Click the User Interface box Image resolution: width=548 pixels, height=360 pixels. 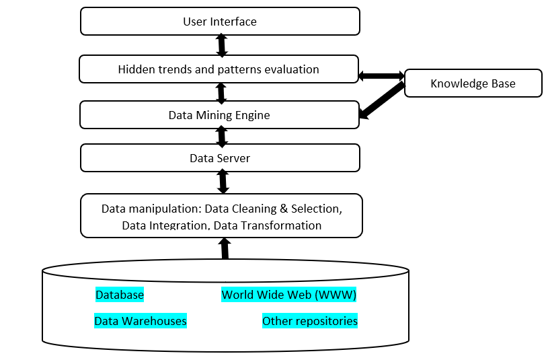tap(220, 22)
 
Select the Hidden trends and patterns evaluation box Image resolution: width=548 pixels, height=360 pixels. tap(219, 69)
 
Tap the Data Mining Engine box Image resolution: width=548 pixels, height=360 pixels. tap(219, 115)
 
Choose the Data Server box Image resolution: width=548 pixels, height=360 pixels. tap(220, 159)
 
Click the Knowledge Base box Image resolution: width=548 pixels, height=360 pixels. tap(473, 83)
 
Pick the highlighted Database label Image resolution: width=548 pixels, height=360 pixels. tap(120, 295)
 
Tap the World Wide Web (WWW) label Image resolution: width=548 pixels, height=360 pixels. tap(288, 295)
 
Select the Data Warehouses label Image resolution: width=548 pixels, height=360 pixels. tap(141, 321)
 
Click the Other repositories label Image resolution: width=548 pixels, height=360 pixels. tap(309, 321)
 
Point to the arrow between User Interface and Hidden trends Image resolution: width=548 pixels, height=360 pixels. tap(221, 45)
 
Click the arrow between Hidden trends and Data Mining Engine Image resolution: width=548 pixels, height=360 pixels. tap(221, 93)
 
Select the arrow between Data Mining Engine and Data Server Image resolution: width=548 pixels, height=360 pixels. tap(222, 137)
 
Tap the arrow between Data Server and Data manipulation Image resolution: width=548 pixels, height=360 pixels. tap(223, 182)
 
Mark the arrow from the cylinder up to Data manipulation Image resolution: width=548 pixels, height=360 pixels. tap(225, 249)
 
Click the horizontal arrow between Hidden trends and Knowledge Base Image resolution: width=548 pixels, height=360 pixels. tap(381, 76)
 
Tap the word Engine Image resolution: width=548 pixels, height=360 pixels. tap(251, 115)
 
